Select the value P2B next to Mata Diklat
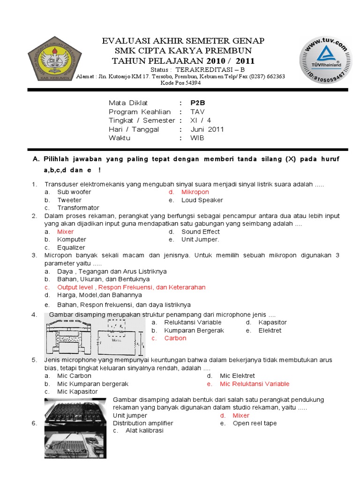coord(198,103)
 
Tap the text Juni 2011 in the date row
coord(207,129)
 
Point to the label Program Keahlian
coord(140,112)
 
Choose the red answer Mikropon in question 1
coord(195,192)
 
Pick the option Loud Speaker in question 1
coord(202,200)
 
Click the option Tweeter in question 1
coord(69,200)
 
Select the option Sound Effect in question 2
coord(200,232)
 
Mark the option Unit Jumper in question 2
coord(200,240)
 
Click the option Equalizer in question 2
coord(71,247)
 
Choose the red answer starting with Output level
coord(131,287)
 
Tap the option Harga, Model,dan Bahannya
coord(99,295)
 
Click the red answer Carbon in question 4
coord(175,338)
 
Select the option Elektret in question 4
coord(270,330)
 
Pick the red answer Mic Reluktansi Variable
coord(255,384)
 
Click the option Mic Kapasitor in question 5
coord(77,391)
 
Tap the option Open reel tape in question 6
coord(255,423)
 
